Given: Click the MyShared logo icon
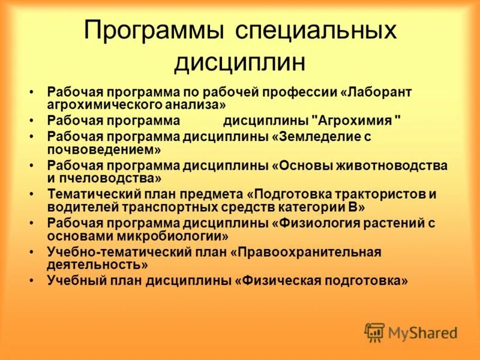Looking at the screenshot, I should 375,332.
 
